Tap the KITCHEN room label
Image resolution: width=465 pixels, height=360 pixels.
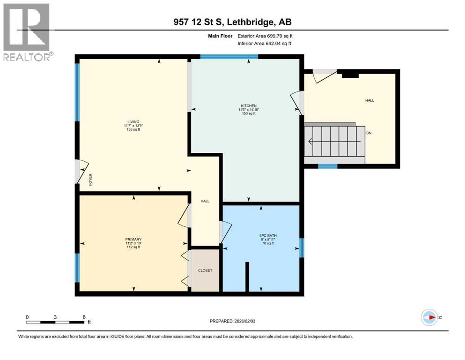pos(249,105)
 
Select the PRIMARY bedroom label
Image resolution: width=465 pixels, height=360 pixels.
pos(133,239)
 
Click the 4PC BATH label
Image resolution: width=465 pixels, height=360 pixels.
pos(266,235)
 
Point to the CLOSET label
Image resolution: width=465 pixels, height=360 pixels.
pos(205,270)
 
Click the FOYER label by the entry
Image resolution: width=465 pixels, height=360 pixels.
pos(91,180)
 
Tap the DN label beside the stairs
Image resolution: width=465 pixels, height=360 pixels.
pos(369,133)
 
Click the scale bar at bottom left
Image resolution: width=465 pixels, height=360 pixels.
pos(55,322)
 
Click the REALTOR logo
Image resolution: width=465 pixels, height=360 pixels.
pos(27,32)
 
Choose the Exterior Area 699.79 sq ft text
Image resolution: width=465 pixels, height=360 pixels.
pos(268,36)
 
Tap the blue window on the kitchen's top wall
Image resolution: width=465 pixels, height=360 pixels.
pos(229,57)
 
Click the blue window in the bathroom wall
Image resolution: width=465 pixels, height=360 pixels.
pos(302,248)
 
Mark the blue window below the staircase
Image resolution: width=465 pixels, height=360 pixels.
pos(327,166)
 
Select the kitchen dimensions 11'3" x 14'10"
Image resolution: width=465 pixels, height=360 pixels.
pos(249,110)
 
